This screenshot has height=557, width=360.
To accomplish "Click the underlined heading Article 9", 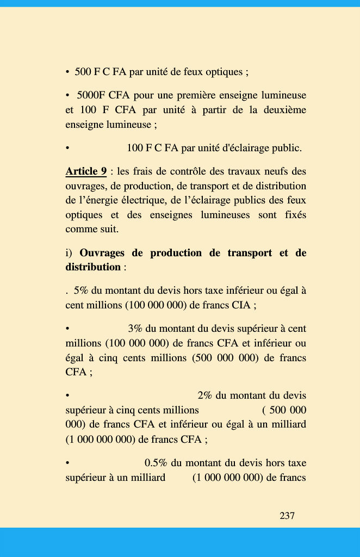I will [86, 171].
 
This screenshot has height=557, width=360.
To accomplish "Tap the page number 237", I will [287, 516].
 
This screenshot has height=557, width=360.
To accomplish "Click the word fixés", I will [295, 215].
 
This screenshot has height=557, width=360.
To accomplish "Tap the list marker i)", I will [69, 253].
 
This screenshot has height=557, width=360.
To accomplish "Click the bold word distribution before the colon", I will [93, 267].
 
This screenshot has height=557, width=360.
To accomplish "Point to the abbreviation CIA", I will [240, 305].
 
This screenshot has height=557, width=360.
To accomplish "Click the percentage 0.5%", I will [156, 463].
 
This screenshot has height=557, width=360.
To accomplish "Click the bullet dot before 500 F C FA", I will [67, 72].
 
